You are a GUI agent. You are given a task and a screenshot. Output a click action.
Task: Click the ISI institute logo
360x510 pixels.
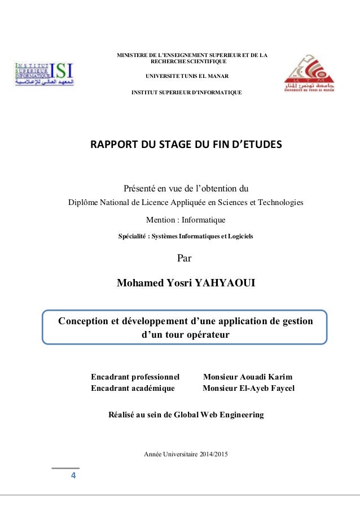coord(44,73)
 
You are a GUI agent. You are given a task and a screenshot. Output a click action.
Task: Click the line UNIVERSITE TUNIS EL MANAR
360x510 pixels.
coord(186,76)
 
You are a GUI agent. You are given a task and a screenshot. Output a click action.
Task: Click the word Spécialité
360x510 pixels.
coord(134,236)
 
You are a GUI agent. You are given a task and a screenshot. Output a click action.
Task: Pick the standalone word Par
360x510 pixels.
coord(185,259)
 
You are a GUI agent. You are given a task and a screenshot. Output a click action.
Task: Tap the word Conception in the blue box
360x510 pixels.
coord(84,321)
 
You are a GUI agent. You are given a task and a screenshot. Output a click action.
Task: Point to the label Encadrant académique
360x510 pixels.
coord(133,388)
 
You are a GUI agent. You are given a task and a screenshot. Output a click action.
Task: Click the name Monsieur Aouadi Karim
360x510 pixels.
coord(248,377)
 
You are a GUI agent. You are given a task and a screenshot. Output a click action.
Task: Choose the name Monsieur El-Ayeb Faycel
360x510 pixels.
coord(248,388)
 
